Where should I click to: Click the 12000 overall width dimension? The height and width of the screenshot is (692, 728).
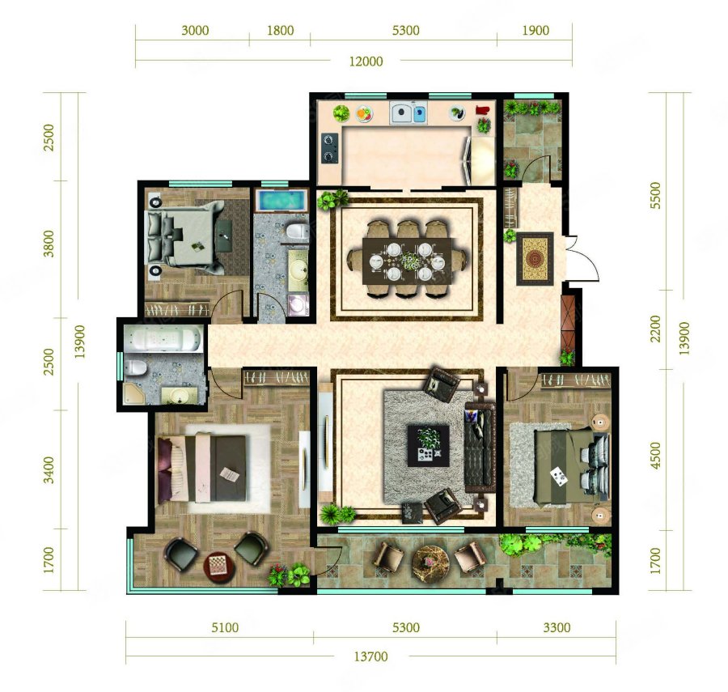pyautogui.click(x=366, y=62)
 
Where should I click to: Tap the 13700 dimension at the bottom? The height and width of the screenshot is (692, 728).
pyautogui.click(x=370, y=656)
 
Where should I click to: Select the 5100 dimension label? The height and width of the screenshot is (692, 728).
pyautogui.click(x=225, y=628)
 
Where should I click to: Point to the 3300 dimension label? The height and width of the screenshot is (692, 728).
pyautogui.click(x=557, y=628)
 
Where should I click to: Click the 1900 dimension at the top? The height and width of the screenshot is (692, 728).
pyautogui.click(x=535, y=31)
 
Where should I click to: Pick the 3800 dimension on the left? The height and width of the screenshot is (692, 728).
pyautogui.click(x=49, y=244)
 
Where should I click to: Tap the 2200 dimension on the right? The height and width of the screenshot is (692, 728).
pyautogui.click(x=655, y=329)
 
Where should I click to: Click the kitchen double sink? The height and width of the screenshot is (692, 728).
pyautogui.click(x=408, y=113)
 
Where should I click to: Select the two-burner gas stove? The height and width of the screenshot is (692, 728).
pyautogui.click(x=329, y=147)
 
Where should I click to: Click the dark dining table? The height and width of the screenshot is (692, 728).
pyautogui.click(x=408, y=261)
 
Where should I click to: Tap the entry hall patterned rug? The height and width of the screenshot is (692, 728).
pyautogui.click(x=535, y=258)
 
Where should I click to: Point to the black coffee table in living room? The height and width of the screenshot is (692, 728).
pyautogui.click(x=428, y=446)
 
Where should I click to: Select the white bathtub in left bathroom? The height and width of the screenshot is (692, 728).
pyautogui.click(x=163, y=338)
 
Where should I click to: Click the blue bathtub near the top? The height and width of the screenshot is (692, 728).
pyautogui.click(x=281, y=201)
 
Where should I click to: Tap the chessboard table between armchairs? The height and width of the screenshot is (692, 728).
pyautogui.click(x=218, y=567)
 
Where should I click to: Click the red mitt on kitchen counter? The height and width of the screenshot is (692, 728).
pyautogui.click(x=482, y=110)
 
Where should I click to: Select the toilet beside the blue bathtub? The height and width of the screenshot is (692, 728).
pyautogui.click(x=297, y=231)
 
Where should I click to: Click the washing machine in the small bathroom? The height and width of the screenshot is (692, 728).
pyautogui.click(x=298, y=304)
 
